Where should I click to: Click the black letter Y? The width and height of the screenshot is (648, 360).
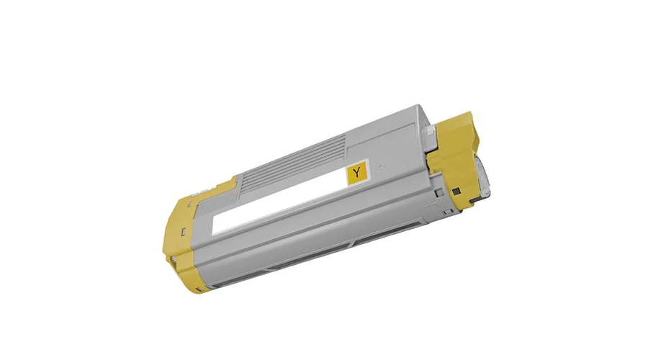pyautogui.click(x=356, y=172)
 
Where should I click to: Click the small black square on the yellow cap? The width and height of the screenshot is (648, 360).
pyautogui.click(x=456, y=191)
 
